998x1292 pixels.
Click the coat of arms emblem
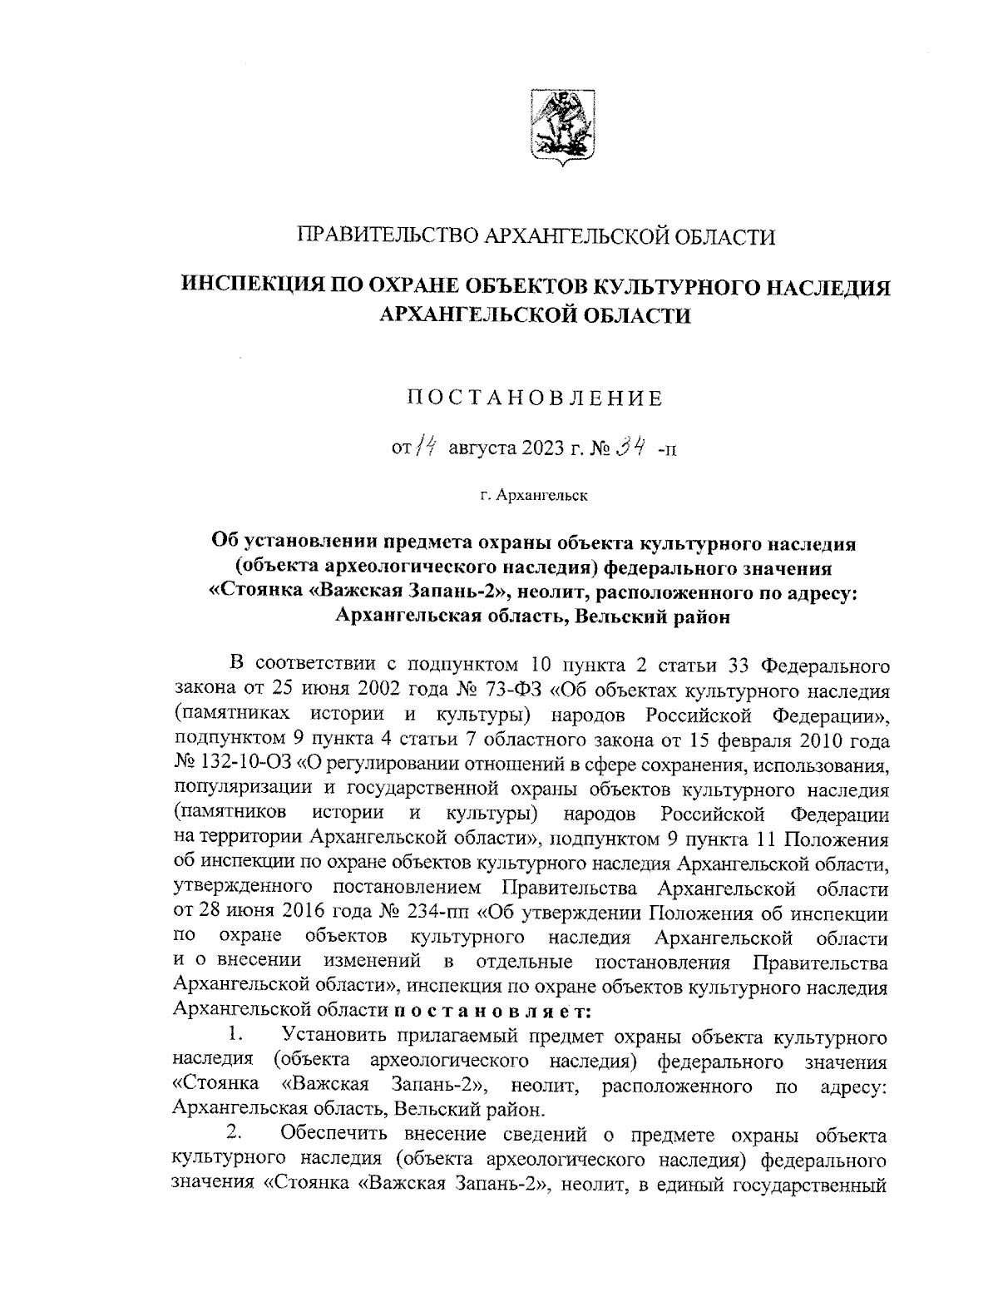pyautogui.click(x=561, y=126)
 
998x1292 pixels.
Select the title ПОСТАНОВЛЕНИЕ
pyautogui.click(x=535, y=398)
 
